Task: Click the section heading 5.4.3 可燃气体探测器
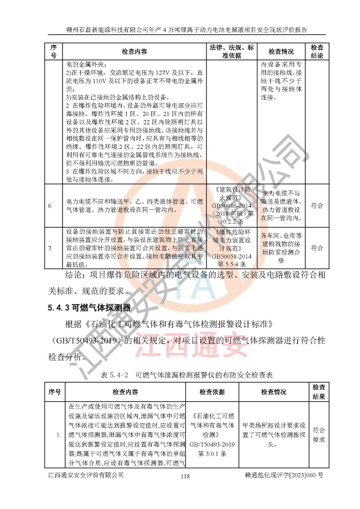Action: pos(89,308)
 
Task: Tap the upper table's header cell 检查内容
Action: pos(134,52)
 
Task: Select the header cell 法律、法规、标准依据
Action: pos(232,52)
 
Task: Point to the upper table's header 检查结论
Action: pos(317,52)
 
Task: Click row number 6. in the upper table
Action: pos(50,206)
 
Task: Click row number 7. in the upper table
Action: pos(50,248)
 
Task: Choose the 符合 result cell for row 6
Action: pos(317,206)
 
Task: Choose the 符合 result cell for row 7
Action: pos(317,248)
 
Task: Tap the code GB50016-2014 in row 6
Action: pos(232,206)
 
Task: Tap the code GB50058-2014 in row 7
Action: pos(232,256)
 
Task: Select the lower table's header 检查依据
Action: pos(212,392)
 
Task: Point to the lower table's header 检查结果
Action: pos(319,392)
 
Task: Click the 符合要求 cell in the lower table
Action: pos(319,435)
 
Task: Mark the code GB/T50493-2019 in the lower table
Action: pos(212,444)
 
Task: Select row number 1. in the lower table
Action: pos(59,435)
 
